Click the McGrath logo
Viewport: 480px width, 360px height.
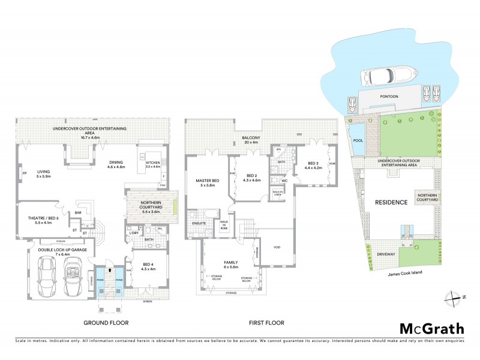point(432,328)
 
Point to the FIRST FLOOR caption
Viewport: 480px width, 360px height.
point(266,323)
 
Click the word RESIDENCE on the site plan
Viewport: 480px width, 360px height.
point(392,202)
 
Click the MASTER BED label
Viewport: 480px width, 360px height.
point(206,182)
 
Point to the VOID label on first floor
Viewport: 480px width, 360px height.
point(277,247)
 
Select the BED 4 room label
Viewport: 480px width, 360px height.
point(148,266)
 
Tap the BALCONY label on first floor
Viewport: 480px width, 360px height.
point(251,139)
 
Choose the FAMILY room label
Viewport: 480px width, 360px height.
point(230,263)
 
